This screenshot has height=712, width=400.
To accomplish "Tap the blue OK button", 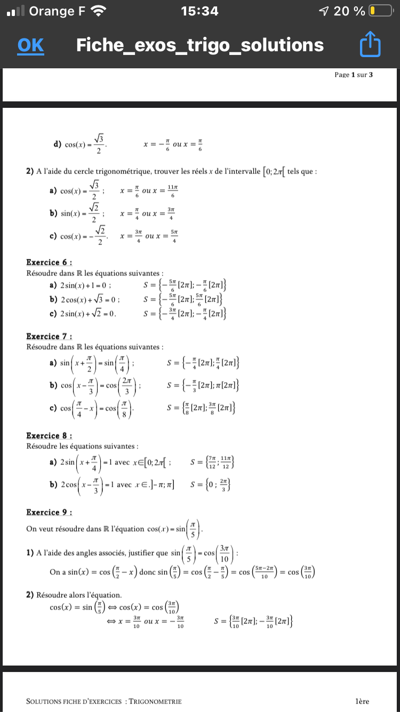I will (x=31, y=45).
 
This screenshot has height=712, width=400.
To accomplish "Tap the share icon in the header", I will (x=371, y=45).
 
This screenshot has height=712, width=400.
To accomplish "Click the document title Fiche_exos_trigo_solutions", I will (x=200, y=45).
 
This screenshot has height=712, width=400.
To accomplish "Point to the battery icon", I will (x=380, y=11).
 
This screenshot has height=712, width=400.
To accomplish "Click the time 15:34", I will (x=199, y=11).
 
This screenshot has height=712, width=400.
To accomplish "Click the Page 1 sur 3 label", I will (x=354, y=75).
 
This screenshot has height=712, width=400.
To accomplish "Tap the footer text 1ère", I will (x=362, y=701).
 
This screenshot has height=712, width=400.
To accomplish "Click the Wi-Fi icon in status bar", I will (x=98, y=11).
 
